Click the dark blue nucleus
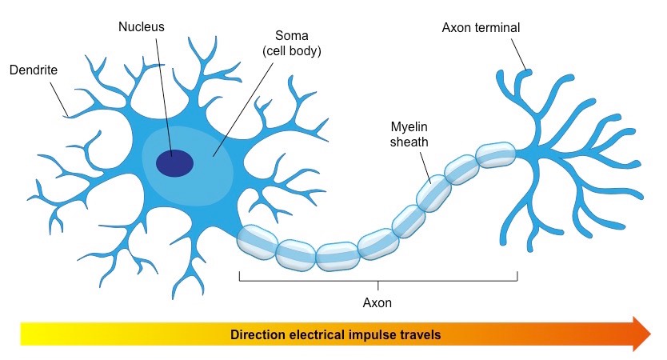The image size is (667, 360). [174, 162]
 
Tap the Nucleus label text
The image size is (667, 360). [142, 26]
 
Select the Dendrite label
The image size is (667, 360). [33, 70]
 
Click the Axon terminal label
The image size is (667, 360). [481, 28]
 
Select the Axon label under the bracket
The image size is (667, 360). [377, 304]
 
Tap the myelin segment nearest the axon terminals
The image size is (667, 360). [497, 155]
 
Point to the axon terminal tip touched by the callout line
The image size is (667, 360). [526, 73]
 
